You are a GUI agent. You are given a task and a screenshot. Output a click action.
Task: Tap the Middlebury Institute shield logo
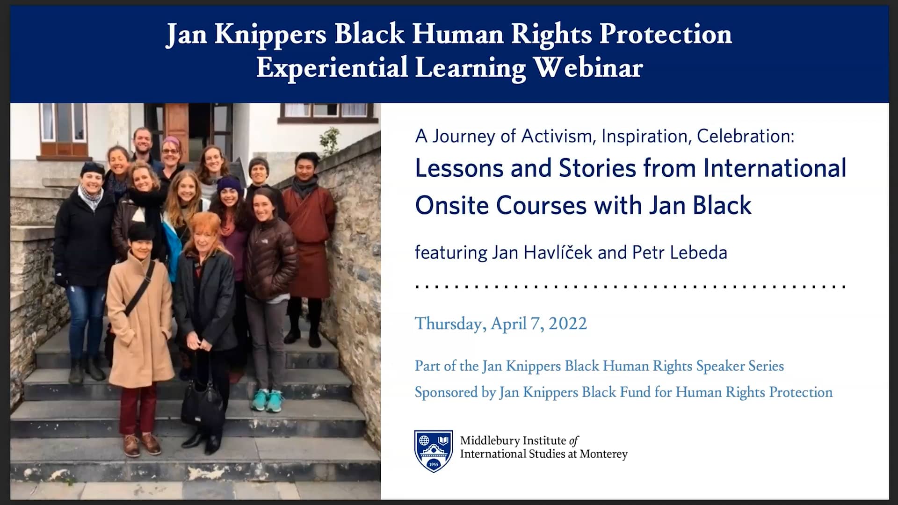(x=434, y=451)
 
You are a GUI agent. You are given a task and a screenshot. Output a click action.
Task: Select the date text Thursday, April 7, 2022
(x=500, y=324)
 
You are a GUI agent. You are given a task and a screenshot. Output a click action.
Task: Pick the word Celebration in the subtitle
(x=745, y=136)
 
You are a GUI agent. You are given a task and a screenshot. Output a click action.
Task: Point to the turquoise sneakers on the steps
(x=268, y=401)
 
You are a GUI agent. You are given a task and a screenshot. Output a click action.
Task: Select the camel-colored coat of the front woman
(x=139, y=318)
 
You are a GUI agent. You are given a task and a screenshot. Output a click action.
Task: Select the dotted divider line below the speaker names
(x=630, y=286)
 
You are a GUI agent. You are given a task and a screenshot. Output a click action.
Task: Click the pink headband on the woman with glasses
(x=172, y=140)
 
